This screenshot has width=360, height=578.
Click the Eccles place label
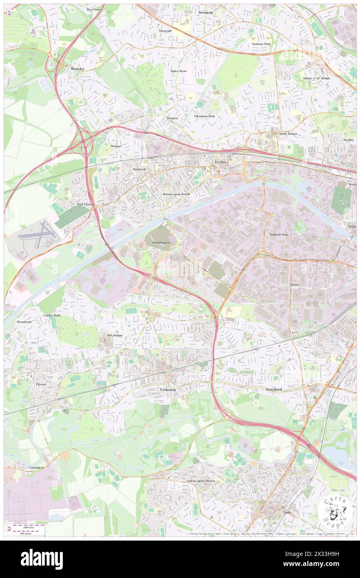pyautogui.click(x=220, y=162)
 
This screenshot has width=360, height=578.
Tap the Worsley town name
pyautogui.click(x=77, y=68)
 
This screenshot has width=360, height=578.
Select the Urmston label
pyautogui.click(x=168, y=390)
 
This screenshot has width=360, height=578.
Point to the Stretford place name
pyautogui.click(x=274, y=390)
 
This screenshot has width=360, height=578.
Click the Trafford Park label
pyautogui.click(x=279, y=235)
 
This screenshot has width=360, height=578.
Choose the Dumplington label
pyautogui.click(x=161, y=242)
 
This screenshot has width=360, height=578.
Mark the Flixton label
pyautogui.click(x=41, y=385)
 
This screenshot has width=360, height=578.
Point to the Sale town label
pyautogui.click(x=287, y=513)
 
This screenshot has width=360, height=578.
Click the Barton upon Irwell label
pyautogui.click(x=176, y=194)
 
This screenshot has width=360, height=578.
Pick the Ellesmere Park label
pyautogui.click(x=204, y=116)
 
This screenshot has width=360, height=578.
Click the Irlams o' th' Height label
pyautogui.click(x=317, y=78)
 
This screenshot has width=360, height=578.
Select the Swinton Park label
pyautogui.click(x=261, y=44)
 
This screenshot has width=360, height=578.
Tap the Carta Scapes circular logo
pyautogui.click(x=336, y=511)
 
